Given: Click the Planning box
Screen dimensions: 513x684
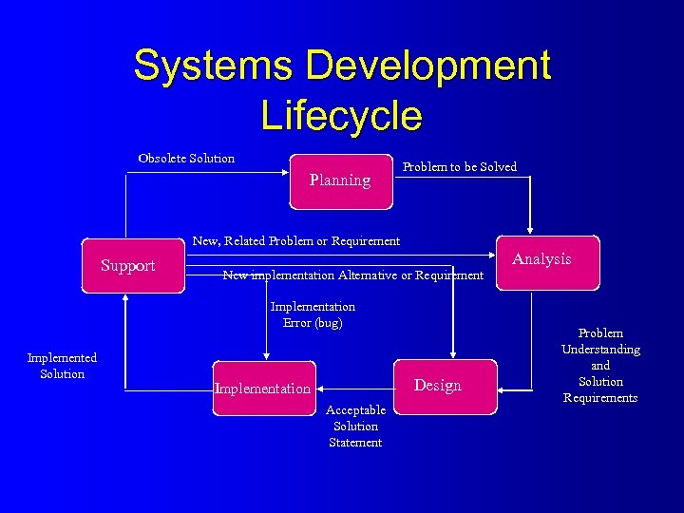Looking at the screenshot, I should tap(341, 180).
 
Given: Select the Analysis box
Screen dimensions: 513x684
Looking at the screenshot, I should tap(542, 260).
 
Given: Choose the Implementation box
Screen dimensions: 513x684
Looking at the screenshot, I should tap(263, 388).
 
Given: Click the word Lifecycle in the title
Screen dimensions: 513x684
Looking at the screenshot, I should tap(341, 116).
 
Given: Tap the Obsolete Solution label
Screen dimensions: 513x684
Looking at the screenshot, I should tap(186, 158).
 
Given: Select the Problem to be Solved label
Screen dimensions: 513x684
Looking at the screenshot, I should tap(460, 167).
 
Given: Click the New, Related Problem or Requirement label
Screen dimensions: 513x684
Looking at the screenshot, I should tap(296, 240).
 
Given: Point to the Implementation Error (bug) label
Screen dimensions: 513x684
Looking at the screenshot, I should tap(313, 314).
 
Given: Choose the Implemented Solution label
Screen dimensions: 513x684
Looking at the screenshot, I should tap(62, 366).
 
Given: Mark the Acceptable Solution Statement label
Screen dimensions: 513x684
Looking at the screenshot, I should tap(355, 426).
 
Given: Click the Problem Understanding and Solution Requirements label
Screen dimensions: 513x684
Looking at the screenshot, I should tap(600, 366).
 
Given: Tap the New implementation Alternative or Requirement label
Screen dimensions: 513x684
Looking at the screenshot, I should tap(352, 275).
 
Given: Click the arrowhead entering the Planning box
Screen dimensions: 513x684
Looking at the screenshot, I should tap(284, 172).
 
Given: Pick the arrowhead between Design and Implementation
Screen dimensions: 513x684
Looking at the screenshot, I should tap(319, 388).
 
